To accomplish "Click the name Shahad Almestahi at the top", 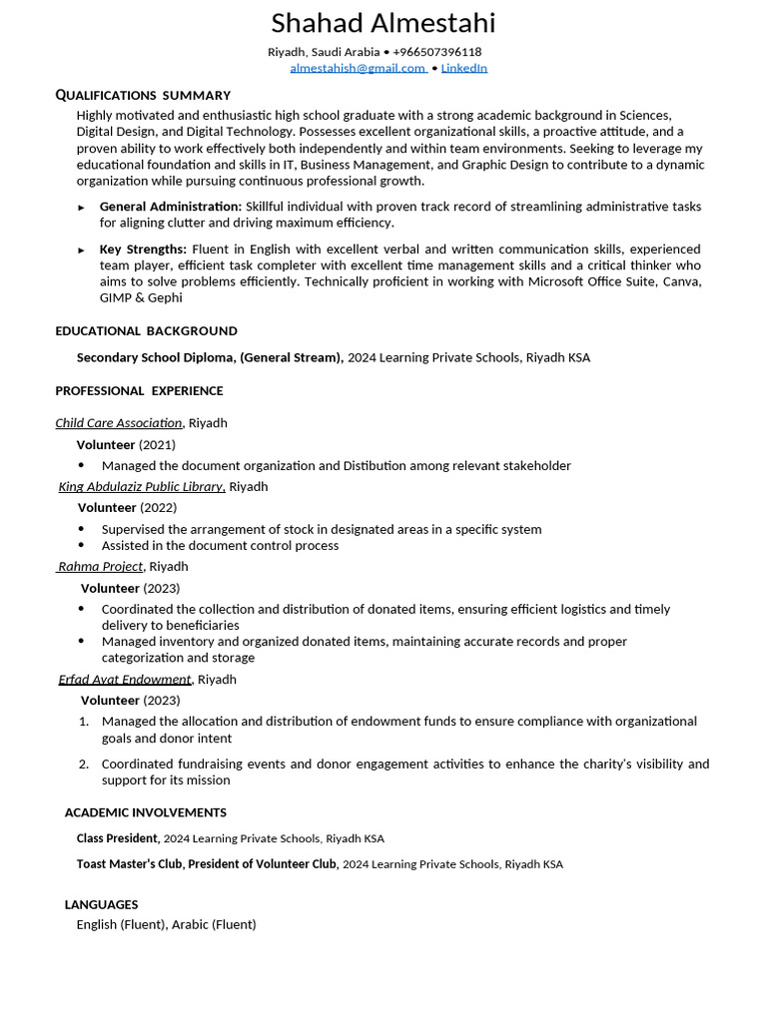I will [x=383, y=23].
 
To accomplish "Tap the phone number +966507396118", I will [x=436, y=52].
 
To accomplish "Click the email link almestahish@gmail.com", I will [x=358, y=68].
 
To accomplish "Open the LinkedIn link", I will [x=463, y=68].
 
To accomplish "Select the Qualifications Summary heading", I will [x=143, y=95].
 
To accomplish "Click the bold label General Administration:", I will [x=170, y=207].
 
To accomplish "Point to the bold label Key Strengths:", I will [x=143, y=250].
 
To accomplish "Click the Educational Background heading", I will [x=146, y=331].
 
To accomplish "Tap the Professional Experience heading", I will [x=139, y=391].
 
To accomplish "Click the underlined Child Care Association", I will [x=119, y=423].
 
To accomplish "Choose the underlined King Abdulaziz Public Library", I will [x=141, y=487].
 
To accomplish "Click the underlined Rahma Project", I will [x=100, y=567].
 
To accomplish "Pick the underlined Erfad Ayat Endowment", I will [x=125, y=680].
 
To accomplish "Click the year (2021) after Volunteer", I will [x=157, y=445].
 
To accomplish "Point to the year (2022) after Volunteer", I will [x=158, y=508].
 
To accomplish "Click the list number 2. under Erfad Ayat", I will [x=84, y=765].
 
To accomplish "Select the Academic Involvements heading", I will [x=145, y=812].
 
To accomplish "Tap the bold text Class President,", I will [x=118, y=838].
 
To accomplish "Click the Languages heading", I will [x=101, y=904].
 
